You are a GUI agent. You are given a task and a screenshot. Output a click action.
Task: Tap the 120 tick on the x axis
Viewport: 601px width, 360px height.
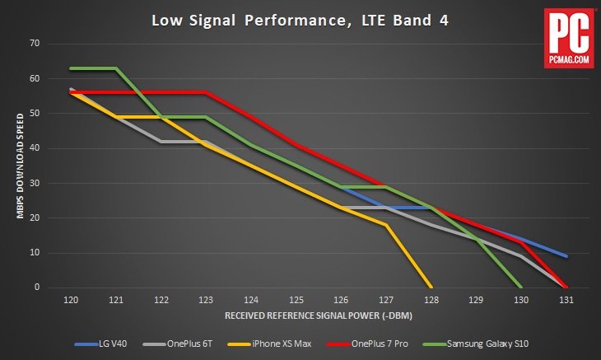point(72,300)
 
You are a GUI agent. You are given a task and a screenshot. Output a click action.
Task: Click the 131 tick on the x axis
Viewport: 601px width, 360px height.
point(566,300)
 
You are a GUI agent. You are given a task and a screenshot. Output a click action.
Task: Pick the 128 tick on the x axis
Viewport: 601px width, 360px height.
point(431,300)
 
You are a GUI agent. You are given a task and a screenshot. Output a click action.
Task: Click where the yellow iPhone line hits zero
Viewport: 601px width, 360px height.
point(431,287)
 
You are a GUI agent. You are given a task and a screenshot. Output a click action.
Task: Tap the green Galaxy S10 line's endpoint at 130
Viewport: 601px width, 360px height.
point(520,287)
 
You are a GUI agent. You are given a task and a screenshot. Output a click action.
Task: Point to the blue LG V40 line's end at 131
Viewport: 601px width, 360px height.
point(566,255)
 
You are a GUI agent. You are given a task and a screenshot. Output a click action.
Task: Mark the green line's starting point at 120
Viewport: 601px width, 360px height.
point(72,68)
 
